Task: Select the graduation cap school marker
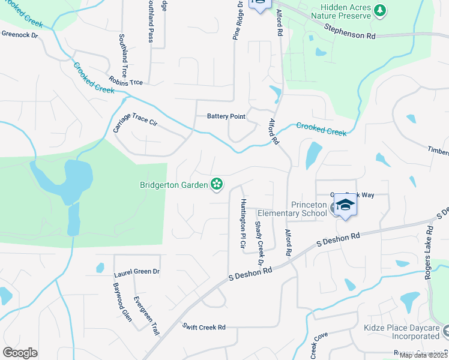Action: point(345,206)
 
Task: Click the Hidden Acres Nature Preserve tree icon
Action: point(379,10)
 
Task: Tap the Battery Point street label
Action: point(226,116)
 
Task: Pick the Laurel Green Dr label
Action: point(136,273)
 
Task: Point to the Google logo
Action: point(20,353)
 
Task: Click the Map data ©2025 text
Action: point(423,355)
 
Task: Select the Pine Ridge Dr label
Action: point(237,21)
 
